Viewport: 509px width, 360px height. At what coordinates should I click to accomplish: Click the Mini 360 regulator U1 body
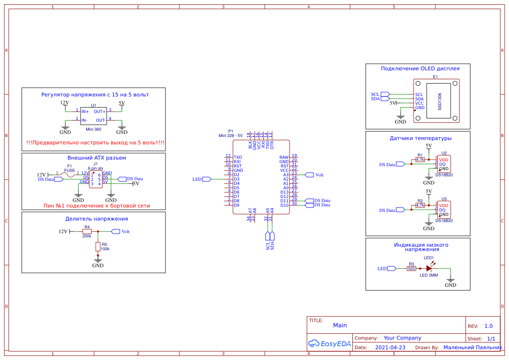click(93, 116)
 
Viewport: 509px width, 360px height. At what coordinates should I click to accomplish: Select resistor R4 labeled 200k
click(87, 231)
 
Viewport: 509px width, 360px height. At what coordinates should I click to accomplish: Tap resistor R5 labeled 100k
click(98, 247)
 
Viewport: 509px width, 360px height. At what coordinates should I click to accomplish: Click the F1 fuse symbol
click(69, 174)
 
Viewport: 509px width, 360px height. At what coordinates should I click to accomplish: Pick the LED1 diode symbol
click(429, 269)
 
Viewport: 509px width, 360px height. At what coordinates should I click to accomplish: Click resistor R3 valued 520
click(411, 269)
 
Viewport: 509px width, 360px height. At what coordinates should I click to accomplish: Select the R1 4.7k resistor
click(420, 160)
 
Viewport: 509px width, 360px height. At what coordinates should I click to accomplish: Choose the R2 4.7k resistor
click(420, 205)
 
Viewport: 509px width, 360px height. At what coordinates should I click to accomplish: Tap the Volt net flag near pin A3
click(310, 175)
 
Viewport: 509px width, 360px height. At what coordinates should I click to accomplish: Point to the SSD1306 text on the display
click(440, 101)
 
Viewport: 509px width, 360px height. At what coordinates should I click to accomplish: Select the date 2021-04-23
click(390, 348)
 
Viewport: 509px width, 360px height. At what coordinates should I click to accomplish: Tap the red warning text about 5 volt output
click(95, 143)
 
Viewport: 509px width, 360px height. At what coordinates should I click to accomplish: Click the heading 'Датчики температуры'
click(420, 138)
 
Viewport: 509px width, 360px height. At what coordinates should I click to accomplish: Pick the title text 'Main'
click(340, 325)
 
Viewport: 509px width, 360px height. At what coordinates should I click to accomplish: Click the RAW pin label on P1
click(284, 157)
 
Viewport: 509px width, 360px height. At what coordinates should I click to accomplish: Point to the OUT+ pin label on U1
click(100, 112)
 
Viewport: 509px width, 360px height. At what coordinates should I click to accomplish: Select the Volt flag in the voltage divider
click(115, 231)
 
